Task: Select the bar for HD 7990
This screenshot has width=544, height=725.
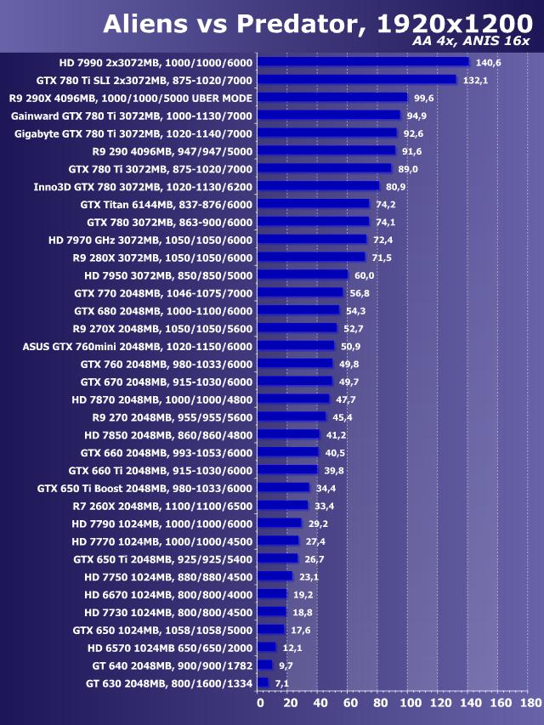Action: [x=363, y=61]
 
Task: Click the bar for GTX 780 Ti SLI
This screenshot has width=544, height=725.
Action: [x=356, y=79]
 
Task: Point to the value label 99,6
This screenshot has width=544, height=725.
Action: [x=424, y=98]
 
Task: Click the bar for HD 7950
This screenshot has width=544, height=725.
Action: [x=303, y=275]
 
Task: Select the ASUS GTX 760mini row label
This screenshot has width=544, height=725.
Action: [x=138, y=346]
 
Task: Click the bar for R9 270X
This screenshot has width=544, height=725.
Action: [x=297, y=328]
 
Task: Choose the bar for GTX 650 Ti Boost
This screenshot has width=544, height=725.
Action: [x=283, y=488]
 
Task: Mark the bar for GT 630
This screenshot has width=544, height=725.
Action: [x=263, y=683]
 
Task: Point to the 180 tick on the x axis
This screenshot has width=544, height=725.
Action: [x=530, y=703]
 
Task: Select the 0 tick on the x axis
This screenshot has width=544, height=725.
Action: [x=260, y=703]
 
